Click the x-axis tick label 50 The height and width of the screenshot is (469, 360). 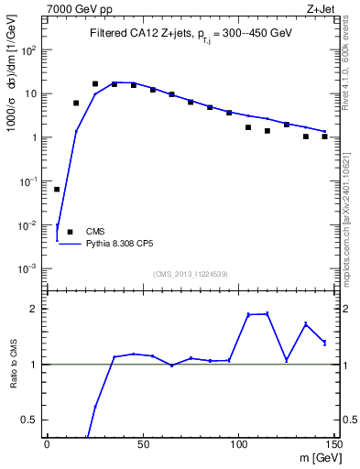pos(142,445)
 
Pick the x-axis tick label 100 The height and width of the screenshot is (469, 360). pos(238,445)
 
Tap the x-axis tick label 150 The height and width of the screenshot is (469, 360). pos(333,445)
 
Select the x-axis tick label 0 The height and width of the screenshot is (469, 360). pos(47,445)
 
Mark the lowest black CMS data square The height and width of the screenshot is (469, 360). pos(57,190)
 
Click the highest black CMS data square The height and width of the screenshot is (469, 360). pos(95,83)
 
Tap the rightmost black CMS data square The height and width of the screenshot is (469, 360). pos(324,136)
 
